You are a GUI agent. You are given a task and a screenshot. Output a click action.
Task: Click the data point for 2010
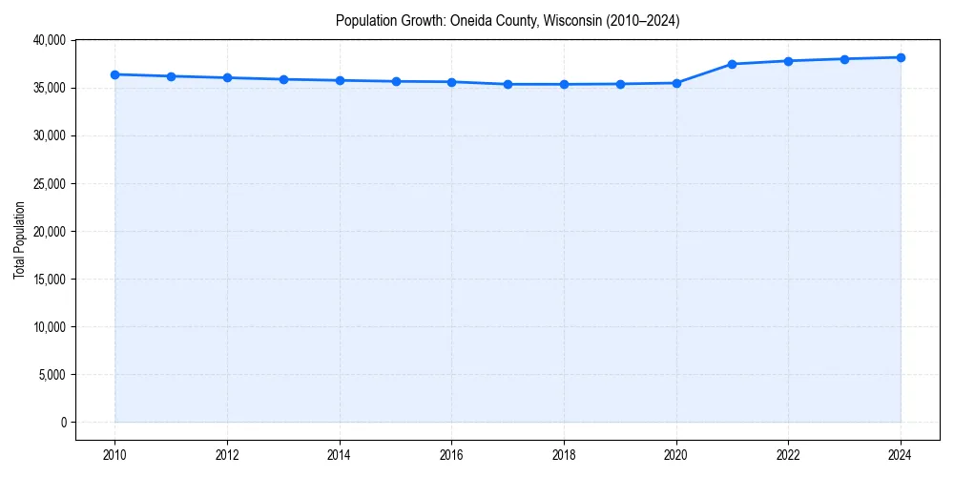114,74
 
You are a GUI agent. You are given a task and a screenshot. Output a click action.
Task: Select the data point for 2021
732,64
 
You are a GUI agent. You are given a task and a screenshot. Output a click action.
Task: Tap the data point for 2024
901,57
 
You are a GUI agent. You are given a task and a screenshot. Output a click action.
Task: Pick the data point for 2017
508,84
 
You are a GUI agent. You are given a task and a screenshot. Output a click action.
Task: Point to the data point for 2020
676,83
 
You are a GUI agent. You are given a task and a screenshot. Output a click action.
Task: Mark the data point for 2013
283,79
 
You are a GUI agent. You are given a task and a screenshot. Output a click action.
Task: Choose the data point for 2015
396,81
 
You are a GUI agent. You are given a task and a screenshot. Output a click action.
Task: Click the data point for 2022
788,61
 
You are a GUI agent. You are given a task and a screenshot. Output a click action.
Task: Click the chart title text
508,21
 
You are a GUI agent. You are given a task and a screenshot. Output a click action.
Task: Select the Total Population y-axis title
19,240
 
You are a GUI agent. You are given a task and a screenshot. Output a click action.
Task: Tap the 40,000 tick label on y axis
48,40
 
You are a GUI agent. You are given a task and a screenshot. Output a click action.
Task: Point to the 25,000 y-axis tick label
48,183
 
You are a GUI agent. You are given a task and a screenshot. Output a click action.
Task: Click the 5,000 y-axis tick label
51,374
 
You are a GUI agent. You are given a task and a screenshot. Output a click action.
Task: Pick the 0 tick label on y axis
62,422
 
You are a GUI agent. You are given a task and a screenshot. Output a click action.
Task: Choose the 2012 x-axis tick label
227,454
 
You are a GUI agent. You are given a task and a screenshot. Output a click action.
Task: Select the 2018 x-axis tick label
564,454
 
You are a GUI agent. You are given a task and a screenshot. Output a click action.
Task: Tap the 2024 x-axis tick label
901,454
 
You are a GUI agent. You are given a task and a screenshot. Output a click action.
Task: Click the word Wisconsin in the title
571,21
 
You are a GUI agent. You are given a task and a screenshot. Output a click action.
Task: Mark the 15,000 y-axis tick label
48,279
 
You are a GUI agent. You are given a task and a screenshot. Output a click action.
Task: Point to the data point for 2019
620,84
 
